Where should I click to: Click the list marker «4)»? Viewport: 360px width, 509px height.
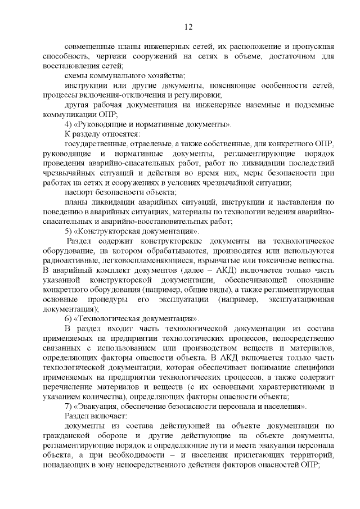69,124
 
